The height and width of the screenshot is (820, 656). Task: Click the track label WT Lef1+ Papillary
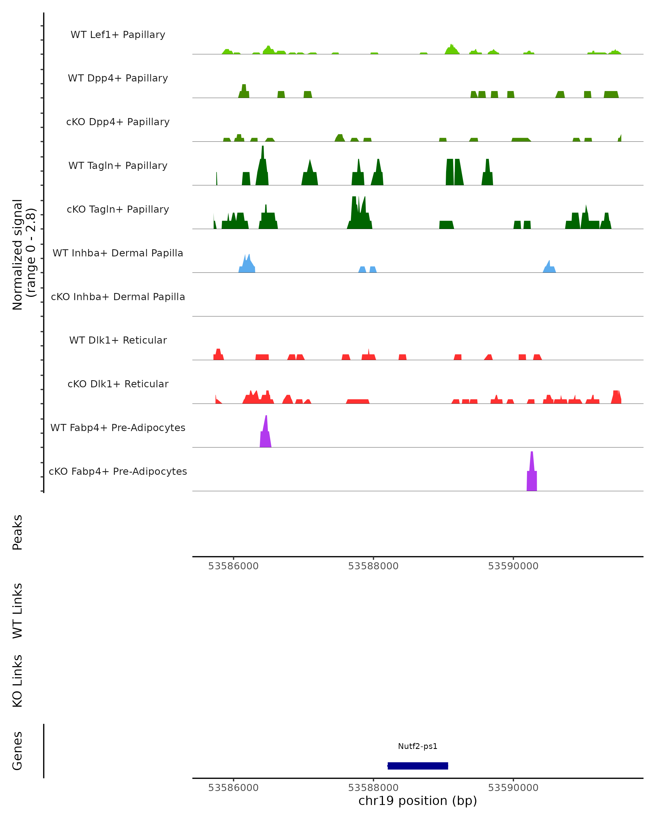click(x=118, y=35)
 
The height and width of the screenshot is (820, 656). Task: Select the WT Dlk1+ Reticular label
click(x=118, y=340)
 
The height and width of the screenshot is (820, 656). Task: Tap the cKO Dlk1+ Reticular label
click(x=118, y=384)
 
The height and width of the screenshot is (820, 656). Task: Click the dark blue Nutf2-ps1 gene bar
click(x=418, y=766)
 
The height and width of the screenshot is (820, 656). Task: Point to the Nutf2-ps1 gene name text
click(x=418, y=746)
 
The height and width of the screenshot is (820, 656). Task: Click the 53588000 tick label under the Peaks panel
click(x=373, y=566)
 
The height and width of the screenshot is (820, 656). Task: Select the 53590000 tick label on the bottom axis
click(x=513, y=788)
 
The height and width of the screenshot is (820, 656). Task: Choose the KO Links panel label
click(x=17, y=681)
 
